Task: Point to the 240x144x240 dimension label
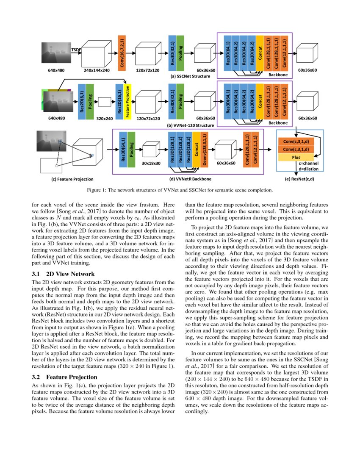coord(97,70)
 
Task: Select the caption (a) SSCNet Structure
coord(190,76)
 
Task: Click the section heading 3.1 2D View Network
coord(63,274)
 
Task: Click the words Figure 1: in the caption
coord(97,190)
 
